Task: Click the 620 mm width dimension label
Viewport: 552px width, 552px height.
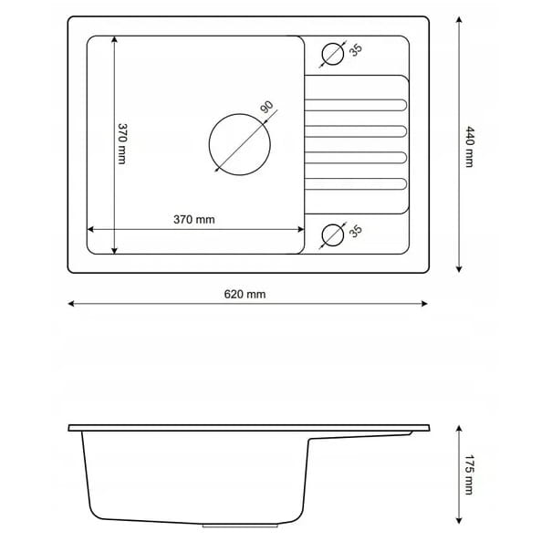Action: tap(245, 294)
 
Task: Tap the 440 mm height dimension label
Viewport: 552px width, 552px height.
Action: tap(470, 147)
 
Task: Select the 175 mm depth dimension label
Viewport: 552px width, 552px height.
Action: tap(469, 474)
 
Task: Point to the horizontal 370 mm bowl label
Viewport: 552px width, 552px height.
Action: tap(194, 220)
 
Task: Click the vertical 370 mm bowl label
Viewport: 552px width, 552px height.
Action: tap(122, 143)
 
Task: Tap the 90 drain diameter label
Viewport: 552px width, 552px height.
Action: tap(266, 107)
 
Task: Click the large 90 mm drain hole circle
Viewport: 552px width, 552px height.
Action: tap(209, 144)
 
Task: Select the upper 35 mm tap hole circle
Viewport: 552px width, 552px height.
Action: tap(322, 54)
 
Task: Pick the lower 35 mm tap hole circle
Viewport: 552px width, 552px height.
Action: tap(322, 234)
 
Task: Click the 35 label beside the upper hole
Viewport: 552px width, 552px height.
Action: tap(356, 50)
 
